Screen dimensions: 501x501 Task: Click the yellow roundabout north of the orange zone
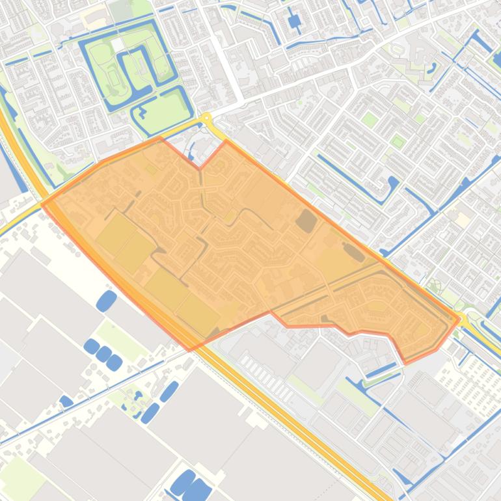click(x=206, y=118)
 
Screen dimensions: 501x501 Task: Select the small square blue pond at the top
click(x=295, y=21)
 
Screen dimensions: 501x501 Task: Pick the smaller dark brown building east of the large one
click(x=354, y=252)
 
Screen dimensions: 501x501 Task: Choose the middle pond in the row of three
click(x=103, y=354)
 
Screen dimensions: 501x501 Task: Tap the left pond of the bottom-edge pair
click(x=183, y=482)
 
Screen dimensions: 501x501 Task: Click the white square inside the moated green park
click(x=116, y=45)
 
